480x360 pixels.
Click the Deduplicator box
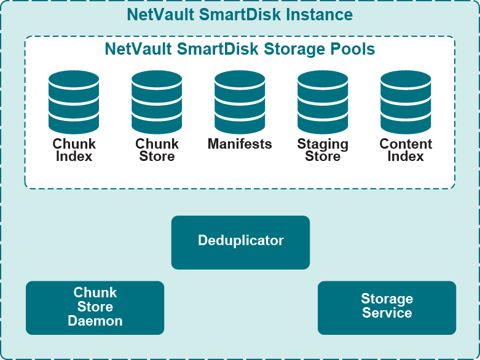click(240, 241)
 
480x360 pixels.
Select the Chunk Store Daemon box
click(95, 307)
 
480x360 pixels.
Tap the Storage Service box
click(387, 307)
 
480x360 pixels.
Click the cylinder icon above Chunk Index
click(74, 102)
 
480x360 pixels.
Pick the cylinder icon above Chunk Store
click(157, 102)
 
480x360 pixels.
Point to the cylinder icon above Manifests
click(240, 102)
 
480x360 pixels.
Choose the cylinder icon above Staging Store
click(323, 102)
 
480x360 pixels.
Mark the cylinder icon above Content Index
click(406, 102)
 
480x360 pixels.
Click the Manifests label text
click(240, 144)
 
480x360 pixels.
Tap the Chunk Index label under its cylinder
click(74, 151)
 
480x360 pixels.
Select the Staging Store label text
click(323, 151)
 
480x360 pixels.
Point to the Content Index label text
click(406, 151)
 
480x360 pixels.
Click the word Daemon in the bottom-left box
click(95, 321)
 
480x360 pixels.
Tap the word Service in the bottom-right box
click(387, 313)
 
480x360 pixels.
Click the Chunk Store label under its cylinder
click(157, 151)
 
